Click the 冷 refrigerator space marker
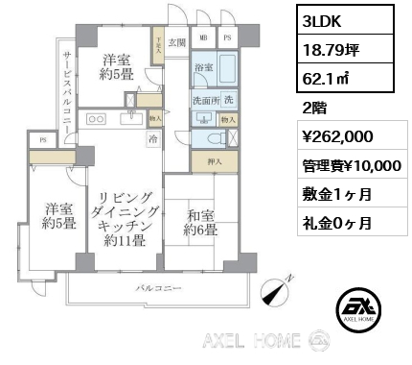pos(153,138)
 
